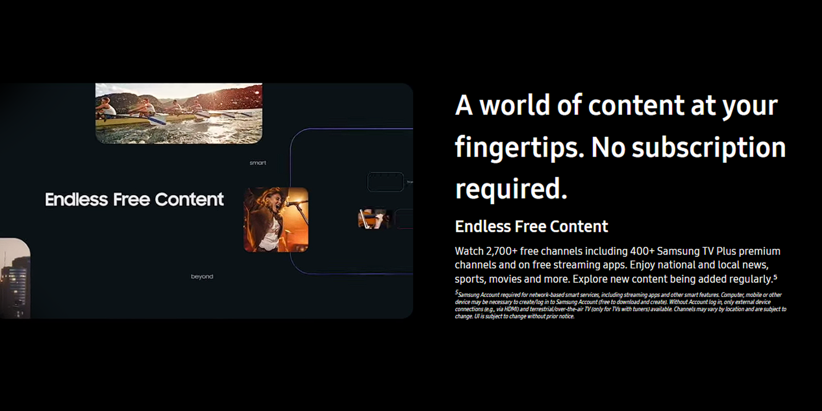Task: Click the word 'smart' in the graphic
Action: pyautogui.click(x=257, y=163)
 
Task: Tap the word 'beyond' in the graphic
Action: pyautogui.click(x=202, y=277)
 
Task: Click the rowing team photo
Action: pyautogui.click(x=179, y=113)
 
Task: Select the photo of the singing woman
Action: pyautogui.click(x=276, y=220)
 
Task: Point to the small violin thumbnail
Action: pyautogui.click(x=373, y=219)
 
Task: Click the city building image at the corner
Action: pyautogui.click(x=15, y=278)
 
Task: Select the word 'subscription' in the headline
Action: pyautogui.click(x=708, y=148)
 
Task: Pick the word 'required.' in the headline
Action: pyautogui.click(x=511, y=189)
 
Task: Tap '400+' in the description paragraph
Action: pyautogui.click(x=642, y=251)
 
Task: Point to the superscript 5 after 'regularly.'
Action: pyautogui.click(x=775, y=277)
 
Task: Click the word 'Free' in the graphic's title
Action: pyautogui.click(x=132, y=200)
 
